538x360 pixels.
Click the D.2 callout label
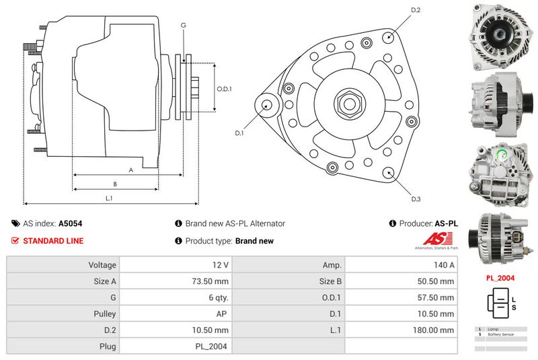[415, 10]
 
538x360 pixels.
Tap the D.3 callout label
[416, 199]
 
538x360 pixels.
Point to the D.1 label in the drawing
[239, 133]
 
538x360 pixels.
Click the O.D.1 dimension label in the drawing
[224, 89]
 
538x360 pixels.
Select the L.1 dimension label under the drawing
[109, 199]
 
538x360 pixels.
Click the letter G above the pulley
[183, 25]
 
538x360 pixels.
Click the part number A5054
[71, 223]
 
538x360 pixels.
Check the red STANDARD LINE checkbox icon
[15, 241]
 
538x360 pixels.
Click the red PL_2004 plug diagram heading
[500, 277]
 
